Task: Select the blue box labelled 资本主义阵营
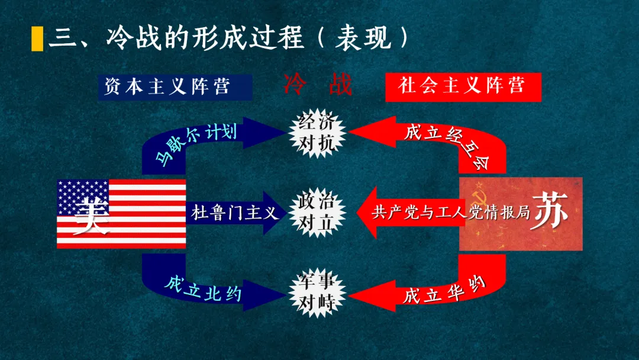175,86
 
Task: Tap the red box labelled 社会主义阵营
462,86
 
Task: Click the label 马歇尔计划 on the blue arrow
195,143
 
